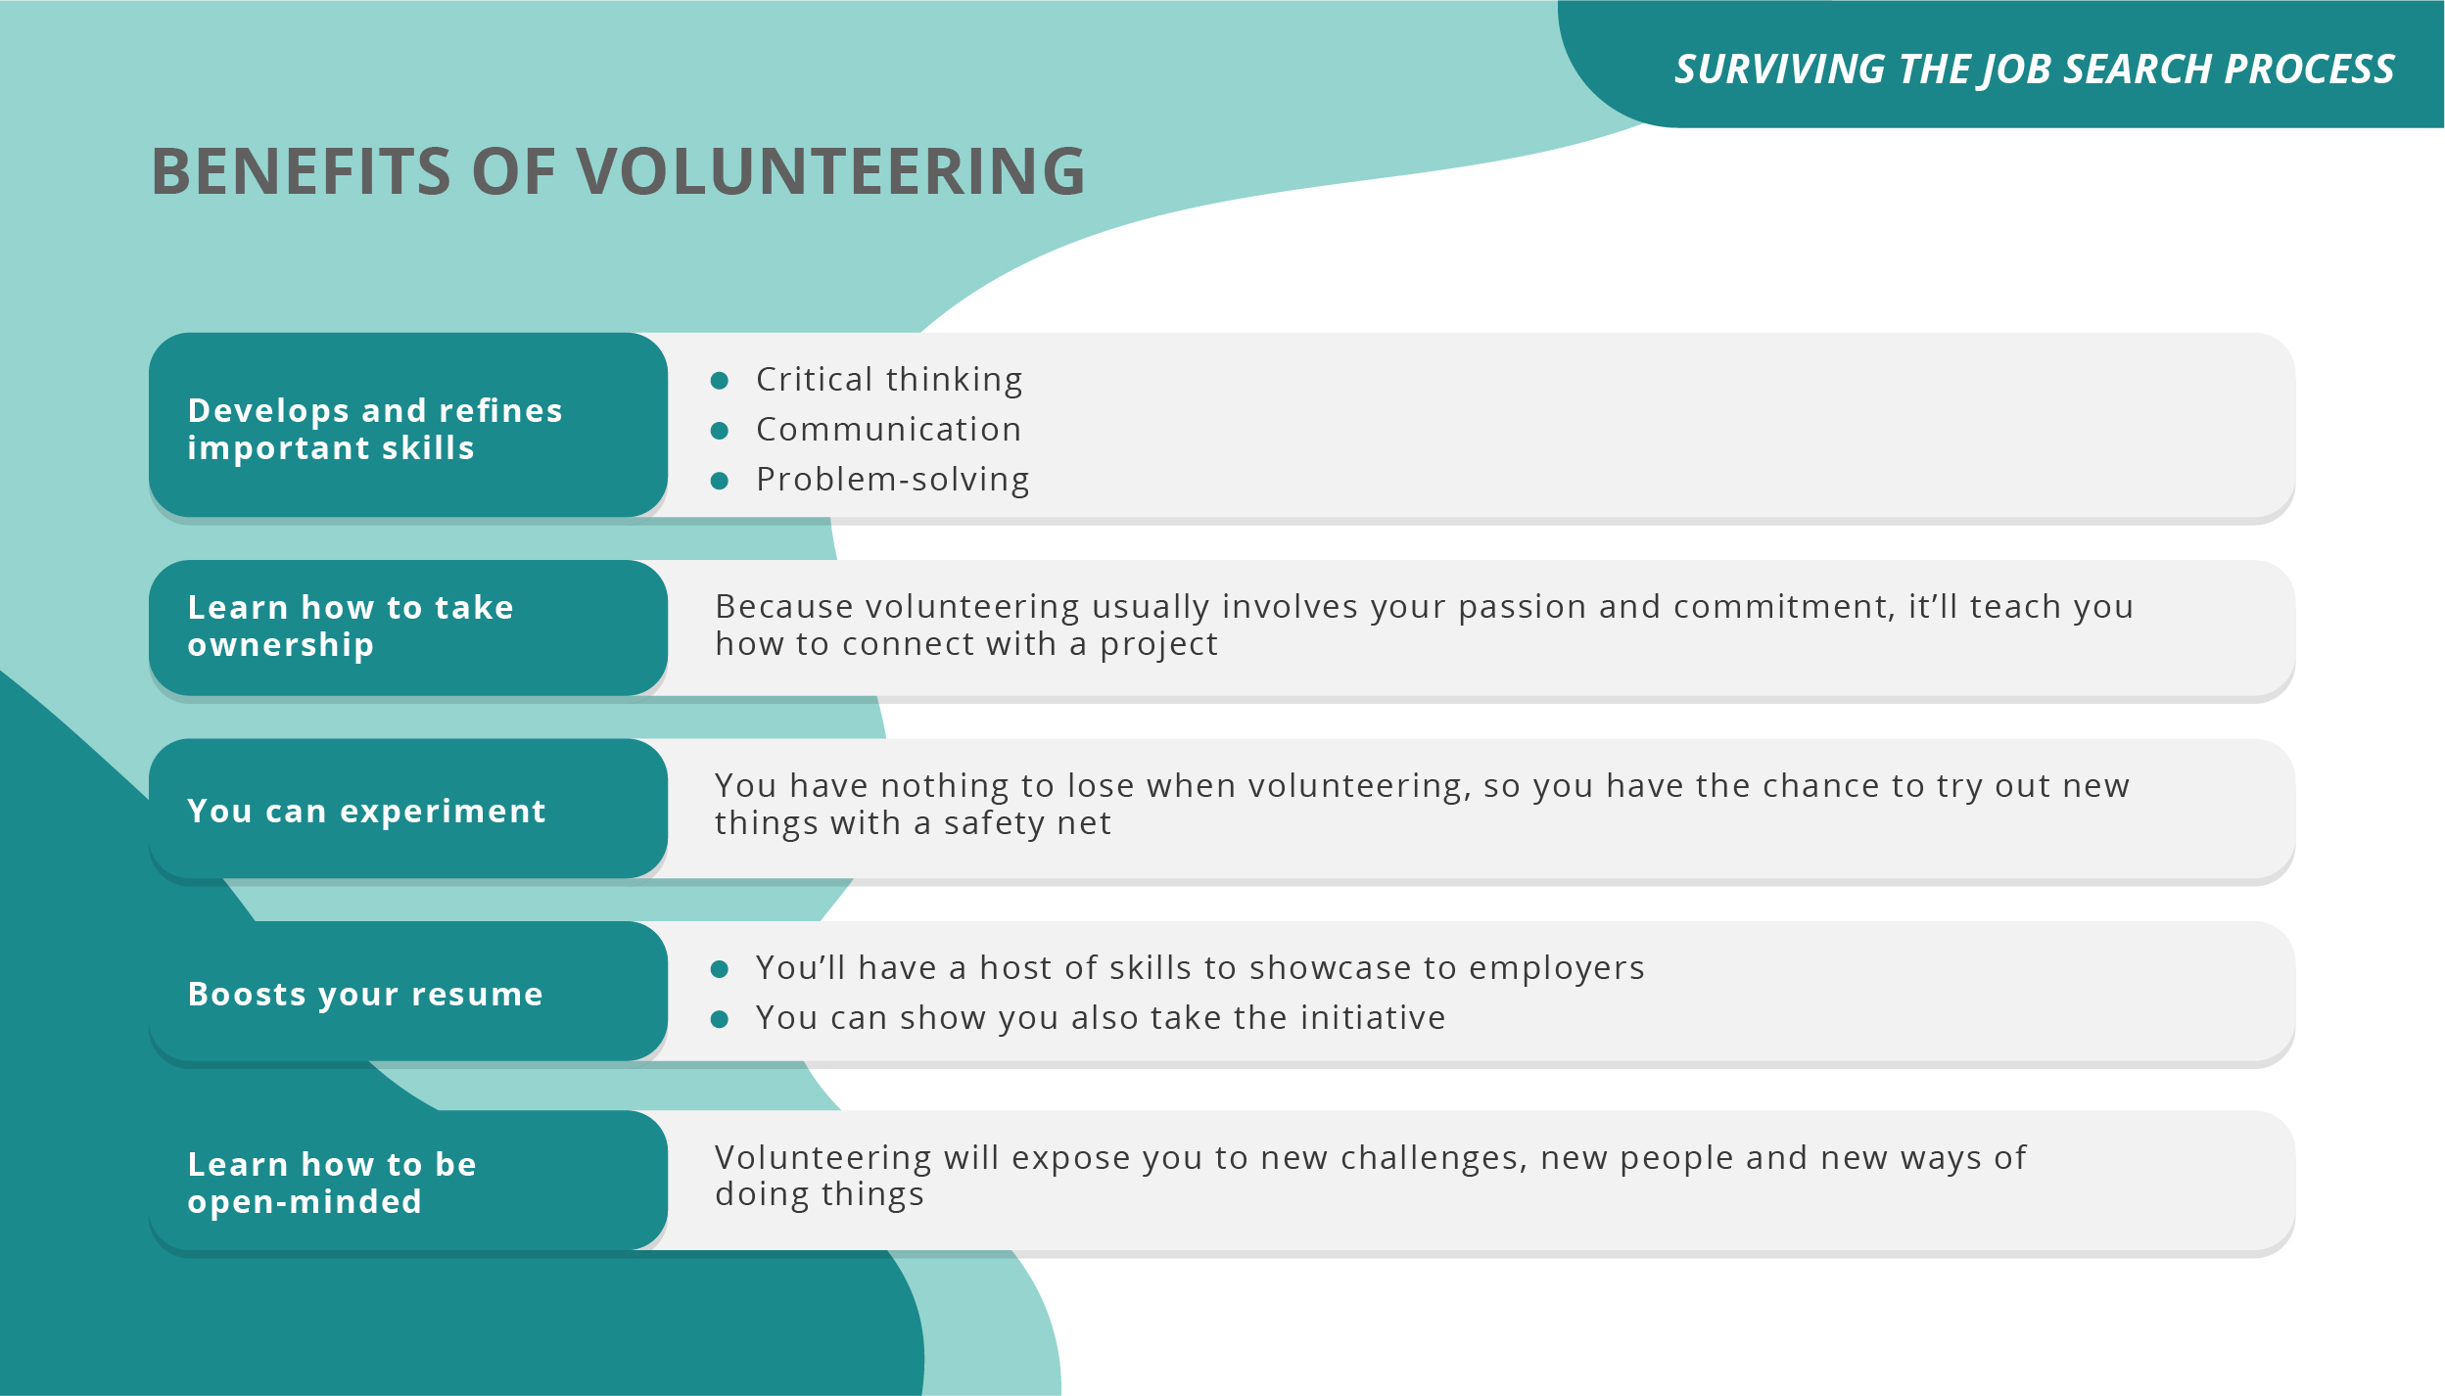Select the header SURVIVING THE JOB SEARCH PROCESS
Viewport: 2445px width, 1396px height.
2034,70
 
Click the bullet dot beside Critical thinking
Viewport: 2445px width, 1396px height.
719,380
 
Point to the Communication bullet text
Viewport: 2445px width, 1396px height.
888,430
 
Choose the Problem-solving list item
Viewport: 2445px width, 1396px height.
892,480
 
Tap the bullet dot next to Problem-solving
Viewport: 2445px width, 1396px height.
719,481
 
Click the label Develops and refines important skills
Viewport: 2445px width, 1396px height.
375,429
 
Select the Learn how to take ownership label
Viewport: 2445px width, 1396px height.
350,627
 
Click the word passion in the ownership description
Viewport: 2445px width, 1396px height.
1522,607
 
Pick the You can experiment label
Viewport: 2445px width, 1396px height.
366,812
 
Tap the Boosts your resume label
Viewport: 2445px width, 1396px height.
365,995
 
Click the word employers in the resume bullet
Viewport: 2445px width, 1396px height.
1556,968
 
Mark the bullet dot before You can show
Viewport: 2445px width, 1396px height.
719,1019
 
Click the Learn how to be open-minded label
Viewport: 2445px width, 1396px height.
331,1183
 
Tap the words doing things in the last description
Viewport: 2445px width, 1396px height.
819,1195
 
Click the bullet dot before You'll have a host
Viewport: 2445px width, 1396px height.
719,969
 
